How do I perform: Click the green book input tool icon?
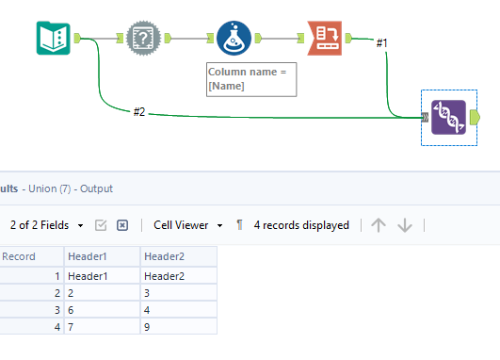tap(54, 39)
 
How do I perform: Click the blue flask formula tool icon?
tap(234, 39)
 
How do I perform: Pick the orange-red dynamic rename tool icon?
tap(324, 39)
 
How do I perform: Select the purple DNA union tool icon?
tap(448, 117)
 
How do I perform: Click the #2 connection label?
tap(139, 112)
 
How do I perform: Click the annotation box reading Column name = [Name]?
tap(251, 79)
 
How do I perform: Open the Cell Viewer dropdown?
tap(188, 225)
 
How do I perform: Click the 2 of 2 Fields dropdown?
tap(47, 225)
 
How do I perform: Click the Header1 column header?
tap(101, 256)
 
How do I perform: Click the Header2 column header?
tap(178, 256)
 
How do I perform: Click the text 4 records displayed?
tap(301, 225)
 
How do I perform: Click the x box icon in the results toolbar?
tap(122, 225)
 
